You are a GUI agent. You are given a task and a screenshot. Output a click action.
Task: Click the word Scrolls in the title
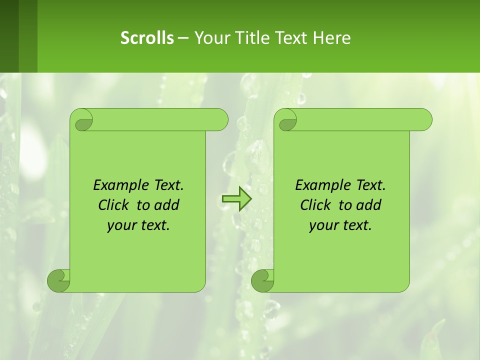147,38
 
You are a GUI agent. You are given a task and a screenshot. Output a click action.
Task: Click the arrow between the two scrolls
236,199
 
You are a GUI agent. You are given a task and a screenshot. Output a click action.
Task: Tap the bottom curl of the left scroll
58,280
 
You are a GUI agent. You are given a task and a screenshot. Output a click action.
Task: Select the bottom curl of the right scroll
262,280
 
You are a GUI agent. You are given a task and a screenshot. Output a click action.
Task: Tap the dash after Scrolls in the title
183,38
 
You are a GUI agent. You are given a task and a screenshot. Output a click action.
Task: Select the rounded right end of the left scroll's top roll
220,120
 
